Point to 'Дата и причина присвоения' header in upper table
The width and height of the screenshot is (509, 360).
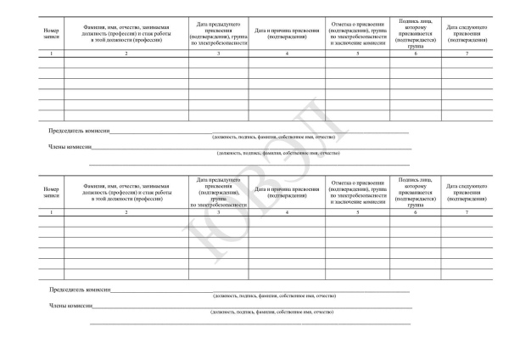[288, 35]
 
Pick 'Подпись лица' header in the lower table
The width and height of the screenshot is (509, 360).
[416, 191]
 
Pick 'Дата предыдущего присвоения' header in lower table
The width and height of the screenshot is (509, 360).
[219, 191]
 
